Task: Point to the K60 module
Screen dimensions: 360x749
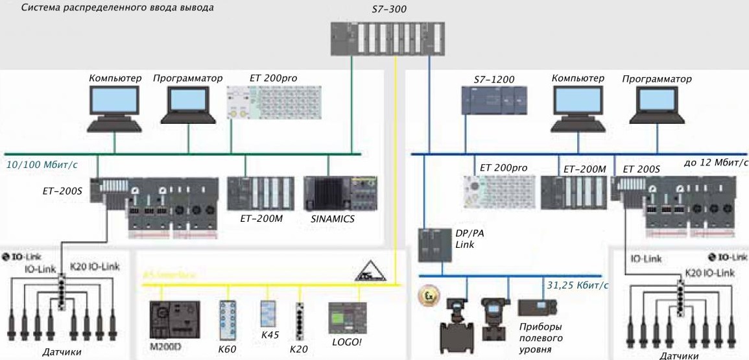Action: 228,319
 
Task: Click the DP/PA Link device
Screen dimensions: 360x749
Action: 433,245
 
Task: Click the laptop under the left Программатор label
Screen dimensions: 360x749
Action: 191,104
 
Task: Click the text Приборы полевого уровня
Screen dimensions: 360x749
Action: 540,338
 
